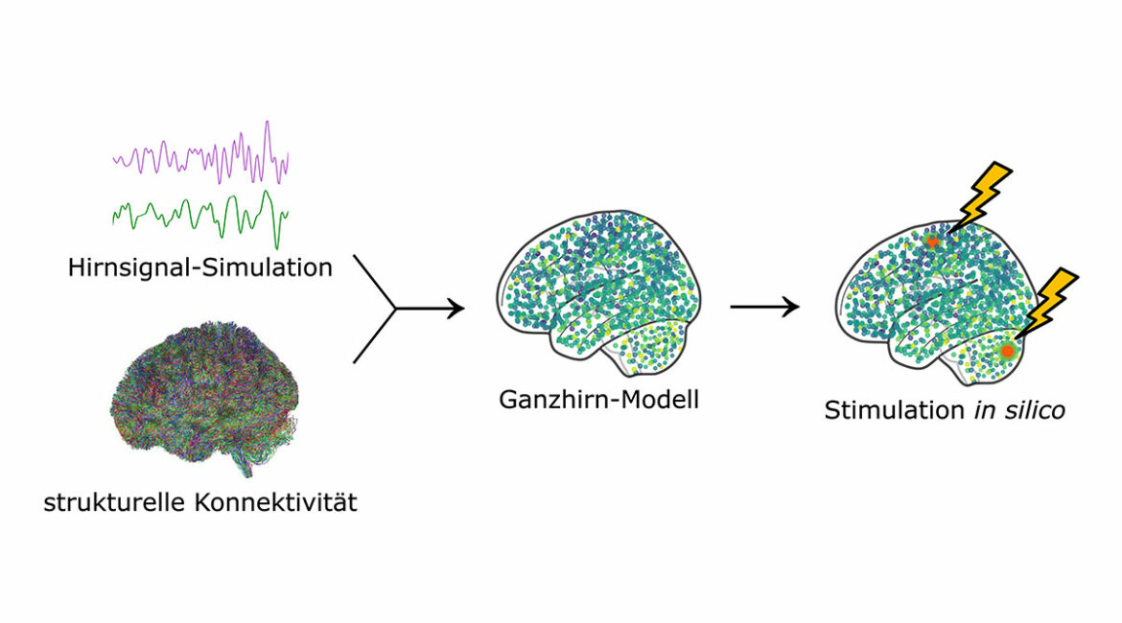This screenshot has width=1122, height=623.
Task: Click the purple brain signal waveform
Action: (200, 153)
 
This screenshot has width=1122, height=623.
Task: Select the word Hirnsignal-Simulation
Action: (200, 267)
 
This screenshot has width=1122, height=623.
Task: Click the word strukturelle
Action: (114, 502)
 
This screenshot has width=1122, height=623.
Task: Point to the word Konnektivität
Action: (275, 502)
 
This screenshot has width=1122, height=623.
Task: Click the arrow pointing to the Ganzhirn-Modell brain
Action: (430, 309)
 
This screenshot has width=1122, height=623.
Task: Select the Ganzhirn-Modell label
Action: (599, 399)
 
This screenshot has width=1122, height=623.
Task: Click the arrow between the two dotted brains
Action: (764, 307)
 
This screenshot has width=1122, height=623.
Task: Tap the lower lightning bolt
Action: (1047, 303)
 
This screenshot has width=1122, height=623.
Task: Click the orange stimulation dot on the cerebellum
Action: (1008, 351)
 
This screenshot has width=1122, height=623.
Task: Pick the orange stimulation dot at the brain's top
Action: (932, 242)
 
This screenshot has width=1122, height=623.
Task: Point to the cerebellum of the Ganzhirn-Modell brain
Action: (647, 347)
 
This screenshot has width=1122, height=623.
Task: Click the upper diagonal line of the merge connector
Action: (374, 281)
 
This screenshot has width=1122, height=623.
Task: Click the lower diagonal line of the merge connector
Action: (374, 336)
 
